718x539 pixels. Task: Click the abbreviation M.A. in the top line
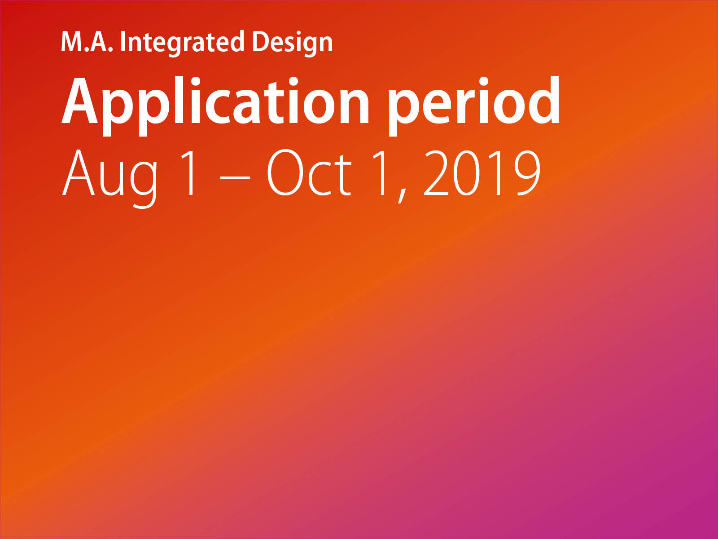(87, 42)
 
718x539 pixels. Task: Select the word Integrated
(182, 44)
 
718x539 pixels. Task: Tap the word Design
(293, 44)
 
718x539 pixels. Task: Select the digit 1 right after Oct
(381, 173)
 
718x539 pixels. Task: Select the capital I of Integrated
(123, 42)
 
